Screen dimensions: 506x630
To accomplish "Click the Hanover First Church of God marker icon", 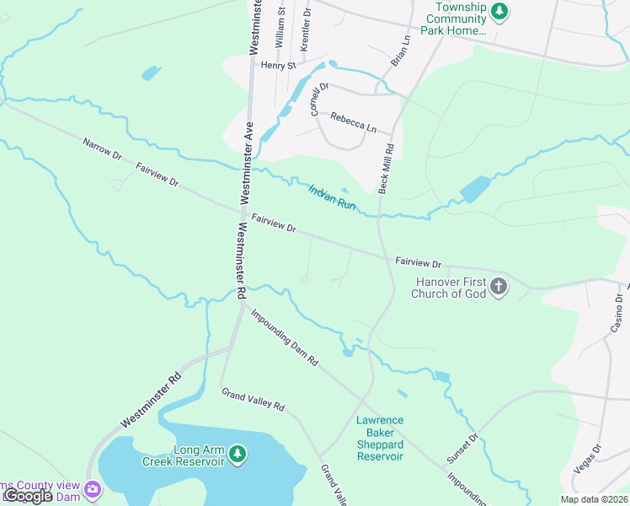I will [499, 288].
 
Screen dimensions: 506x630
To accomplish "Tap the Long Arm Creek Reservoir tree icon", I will [238, 455].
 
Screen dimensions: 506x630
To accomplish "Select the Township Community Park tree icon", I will [501, 11].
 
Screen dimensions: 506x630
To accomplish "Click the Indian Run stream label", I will [332, 197].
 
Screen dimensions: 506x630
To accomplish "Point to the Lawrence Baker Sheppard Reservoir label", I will [380, 438].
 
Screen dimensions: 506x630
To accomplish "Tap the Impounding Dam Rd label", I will [284, 337].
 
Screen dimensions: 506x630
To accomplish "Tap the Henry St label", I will [279, 65].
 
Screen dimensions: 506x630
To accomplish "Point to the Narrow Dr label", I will [102, 150].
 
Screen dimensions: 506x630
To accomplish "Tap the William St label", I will [280, 26].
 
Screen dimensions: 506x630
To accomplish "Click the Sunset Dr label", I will [462, 449].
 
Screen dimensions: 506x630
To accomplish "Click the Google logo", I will [27, 496].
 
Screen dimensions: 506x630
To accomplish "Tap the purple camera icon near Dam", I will [93, 488].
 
